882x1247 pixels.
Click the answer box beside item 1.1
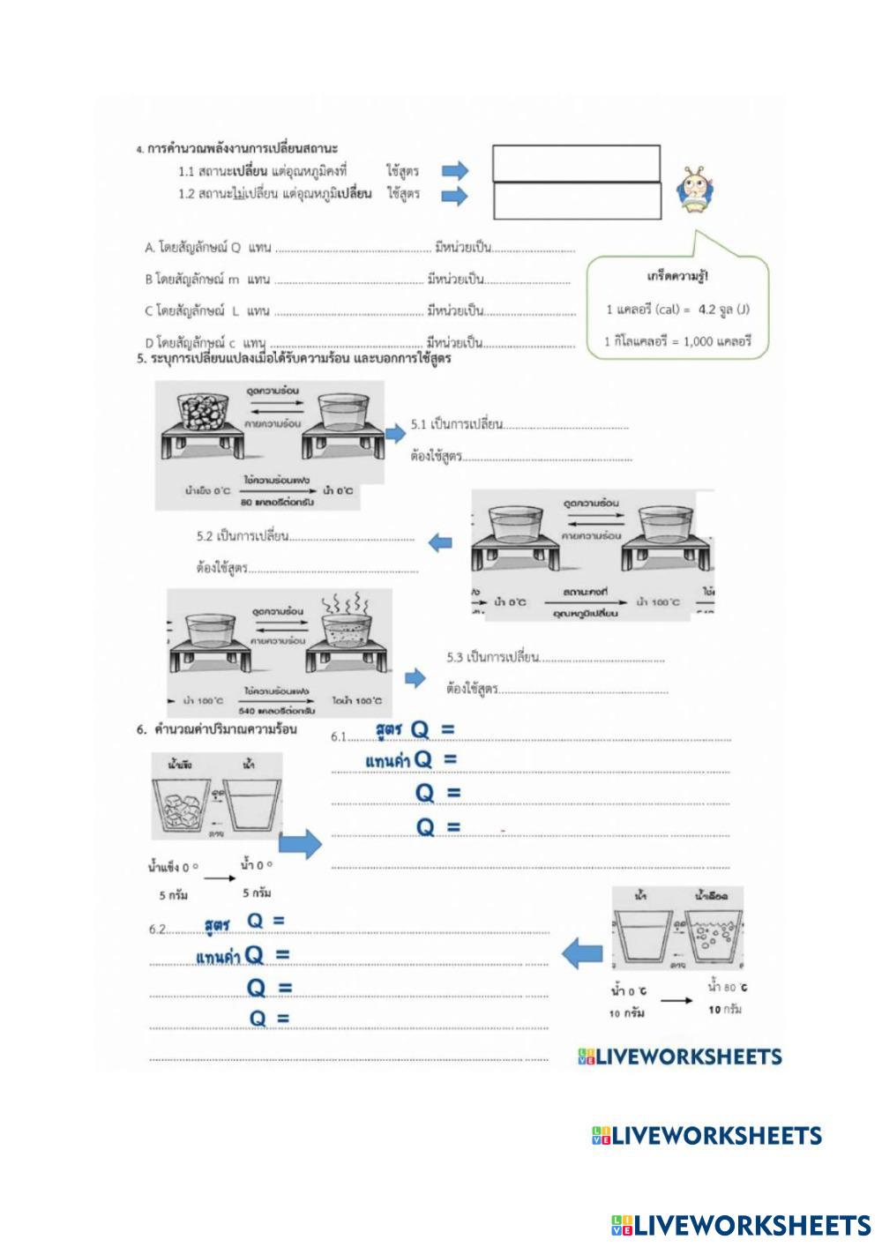576,163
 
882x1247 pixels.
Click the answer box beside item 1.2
576,201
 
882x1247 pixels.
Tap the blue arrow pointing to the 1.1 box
455,171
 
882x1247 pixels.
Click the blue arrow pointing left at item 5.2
440,542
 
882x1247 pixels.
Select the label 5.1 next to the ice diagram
418,425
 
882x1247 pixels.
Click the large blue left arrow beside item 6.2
582,953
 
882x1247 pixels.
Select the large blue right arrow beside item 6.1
305,844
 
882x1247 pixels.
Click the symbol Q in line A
235,249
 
